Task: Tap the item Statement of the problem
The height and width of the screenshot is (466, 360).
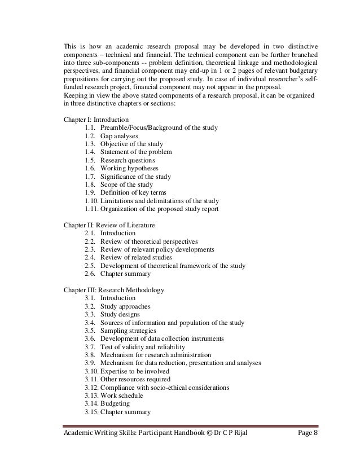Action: click(x=136, y=152)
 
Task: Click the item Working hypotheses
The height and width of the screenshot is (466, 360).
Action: click(x=129, y=168)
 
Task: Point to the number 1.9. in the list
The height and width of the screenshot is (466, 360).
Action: click(x=90, y=192)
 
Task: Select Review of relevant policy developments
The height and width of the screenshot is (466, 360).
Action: click(x=157, y=249)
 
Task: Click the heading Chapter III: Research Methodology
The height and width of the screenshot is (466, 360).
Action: click(x=115, y=290)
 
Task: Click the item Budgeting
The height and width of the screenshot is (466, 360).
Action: click(x=115, y=404)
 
